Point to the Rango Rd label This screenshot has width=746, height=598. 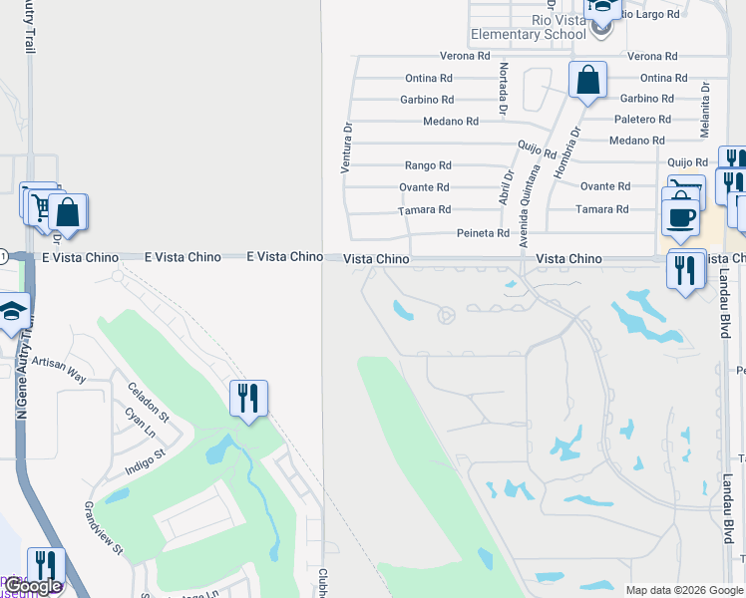(x=428, y=165)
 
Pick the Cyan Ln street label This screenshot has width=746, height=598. (x=140, y=424)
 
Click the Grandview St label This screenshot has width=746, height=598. (x=103, y=528)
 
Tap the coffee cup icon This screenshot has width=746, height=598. (x=681, y=216)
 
